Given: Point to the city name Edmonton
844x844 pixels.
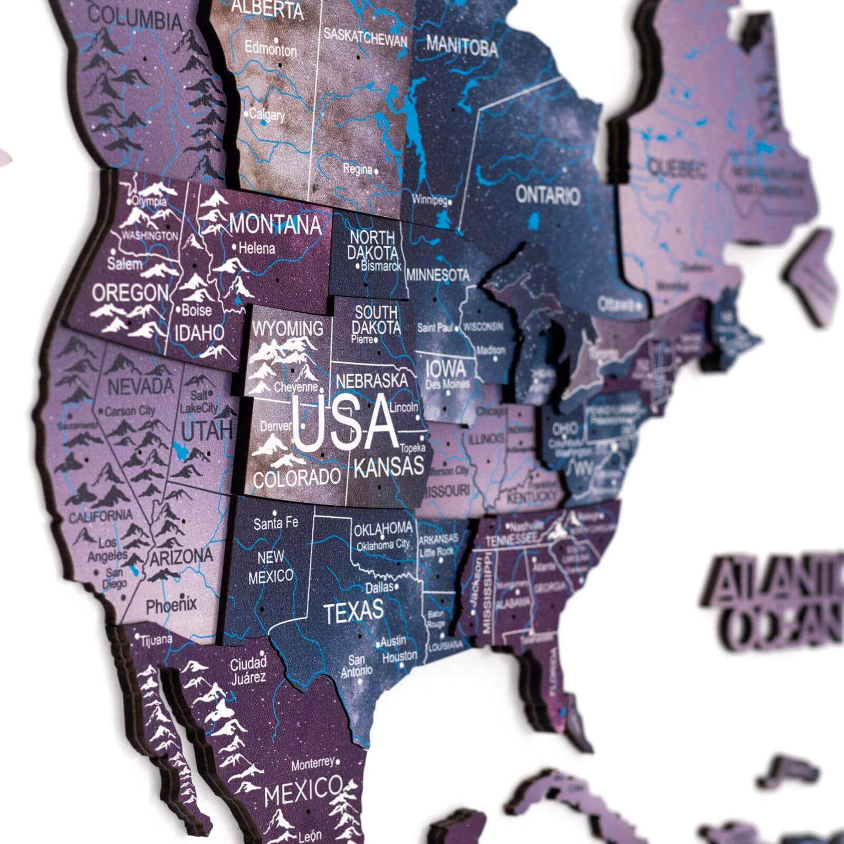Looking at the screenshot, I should [x=271, y=50].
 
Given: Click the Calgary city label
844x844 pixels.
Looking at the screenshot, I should [x=267, y=114].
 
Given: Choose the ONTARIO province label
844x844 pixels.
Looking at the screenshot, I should [x=548, y=195].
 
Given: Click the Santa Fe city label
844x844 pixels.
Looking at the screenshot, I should [x=276, y=523].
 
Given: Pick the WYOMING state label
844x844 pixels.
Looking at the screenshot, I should [x=287, y=328].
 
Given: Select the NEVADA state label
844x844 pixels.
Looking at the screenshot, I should [x=140, y=386].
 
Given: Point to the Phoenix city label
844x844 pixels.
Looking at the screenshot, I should [x=171, y=605].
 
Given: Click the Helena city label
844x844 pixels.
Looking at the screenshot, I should [x=257, y=248].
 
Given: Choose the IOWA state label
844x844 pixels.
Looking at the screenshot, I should [x=446, y=368].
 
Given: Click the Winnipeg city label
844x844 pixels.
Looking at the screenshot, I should [x=429, y=200].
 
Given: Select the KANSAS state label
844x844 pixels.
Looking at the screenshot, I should [x=389, y=466].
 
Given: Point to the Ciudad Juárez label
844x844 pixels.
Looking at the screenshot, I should [x=248, y=669].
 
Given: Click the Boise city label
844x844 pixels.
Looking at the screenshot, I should [x=196, y=310].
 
